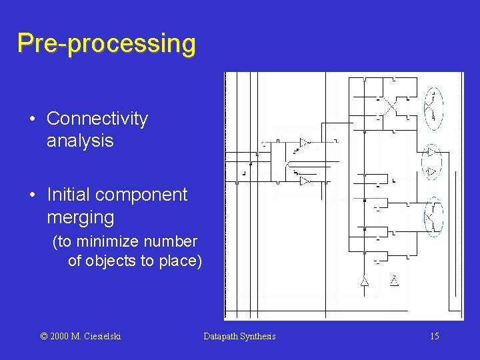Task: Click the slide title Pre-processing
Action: point(107,43)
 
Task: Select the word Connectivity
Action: point(97,119)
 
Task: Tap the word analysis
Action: point(80,141)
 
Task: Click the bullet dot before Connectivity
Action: point(33,120)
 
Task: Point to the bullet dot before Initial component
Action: point(33,196)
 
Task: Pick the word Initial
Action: point(67,195)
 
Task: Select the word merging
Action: point(81,217)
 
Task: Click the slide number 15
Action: point(434,336)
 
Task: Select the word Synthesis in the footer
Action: point(260,336)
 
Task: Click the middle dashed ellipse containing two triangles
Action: point(431,161)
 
